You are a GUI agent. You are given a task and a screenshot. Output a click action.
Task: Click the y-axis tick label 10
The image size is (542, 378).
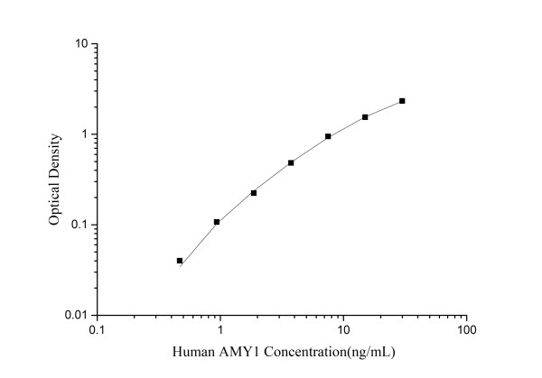[79, 44]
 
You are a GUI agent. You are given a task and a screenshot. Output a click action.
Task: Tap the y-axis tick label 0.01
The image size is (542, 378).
[76, 315]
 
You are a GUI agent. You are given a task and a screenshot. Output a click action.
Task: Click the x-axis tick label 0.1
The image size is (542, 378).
[97, 330]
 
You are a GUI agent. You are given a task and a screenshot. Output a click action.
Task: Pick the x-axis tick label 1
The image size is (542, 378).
[220, 330]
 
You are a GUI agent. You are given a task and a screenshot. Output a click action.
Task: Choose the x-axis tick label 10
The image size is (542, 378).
[342, 330]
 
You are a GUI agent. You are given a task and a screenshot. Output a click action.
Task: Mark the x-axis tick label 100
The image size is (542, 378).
[465, 330]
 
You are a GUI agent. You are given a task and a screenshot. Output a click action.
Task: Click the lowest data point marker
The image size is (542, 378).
[180, 261]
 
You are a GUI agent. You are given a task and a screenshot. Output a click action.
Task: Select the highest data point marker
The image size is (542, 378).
[402, 101]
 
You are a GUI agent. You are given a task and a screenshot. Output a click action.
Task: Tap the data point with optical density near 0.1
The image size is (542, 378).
[217, 222]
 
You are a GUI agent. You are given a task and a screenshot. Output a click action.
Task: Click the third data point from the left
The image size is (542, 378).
[254, 193]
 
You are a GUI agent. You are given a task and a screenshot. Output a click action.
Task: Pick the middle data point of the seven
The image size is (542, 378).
[291, 163]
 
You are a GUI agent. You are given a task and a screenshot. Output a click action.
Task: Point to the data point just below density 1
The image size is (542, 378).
[328, 136]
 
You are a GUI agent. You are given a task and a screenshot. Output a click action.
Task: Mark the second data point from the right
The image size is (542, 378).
[365, 117]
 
